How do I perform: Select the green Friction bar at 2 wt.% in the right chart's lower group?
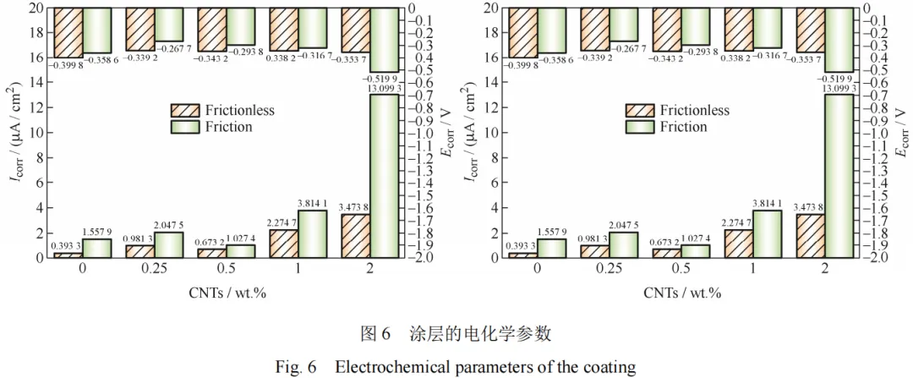click(839, 175)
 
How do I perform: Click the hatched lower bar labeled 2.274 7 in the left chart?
click(283, 244)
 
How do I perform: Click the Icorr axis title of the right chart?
click(471, 133)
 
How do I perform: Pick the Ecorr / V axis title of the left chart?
click(448, 133)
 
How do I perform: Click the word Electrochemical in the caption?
click(388, 368)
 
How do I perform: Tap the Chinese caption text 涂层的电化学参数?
click(489, 334)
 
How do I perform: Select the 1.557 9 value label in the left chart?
click(96, 232)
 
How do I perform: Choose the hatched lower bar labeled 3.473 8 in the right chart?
click(811, 236)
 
